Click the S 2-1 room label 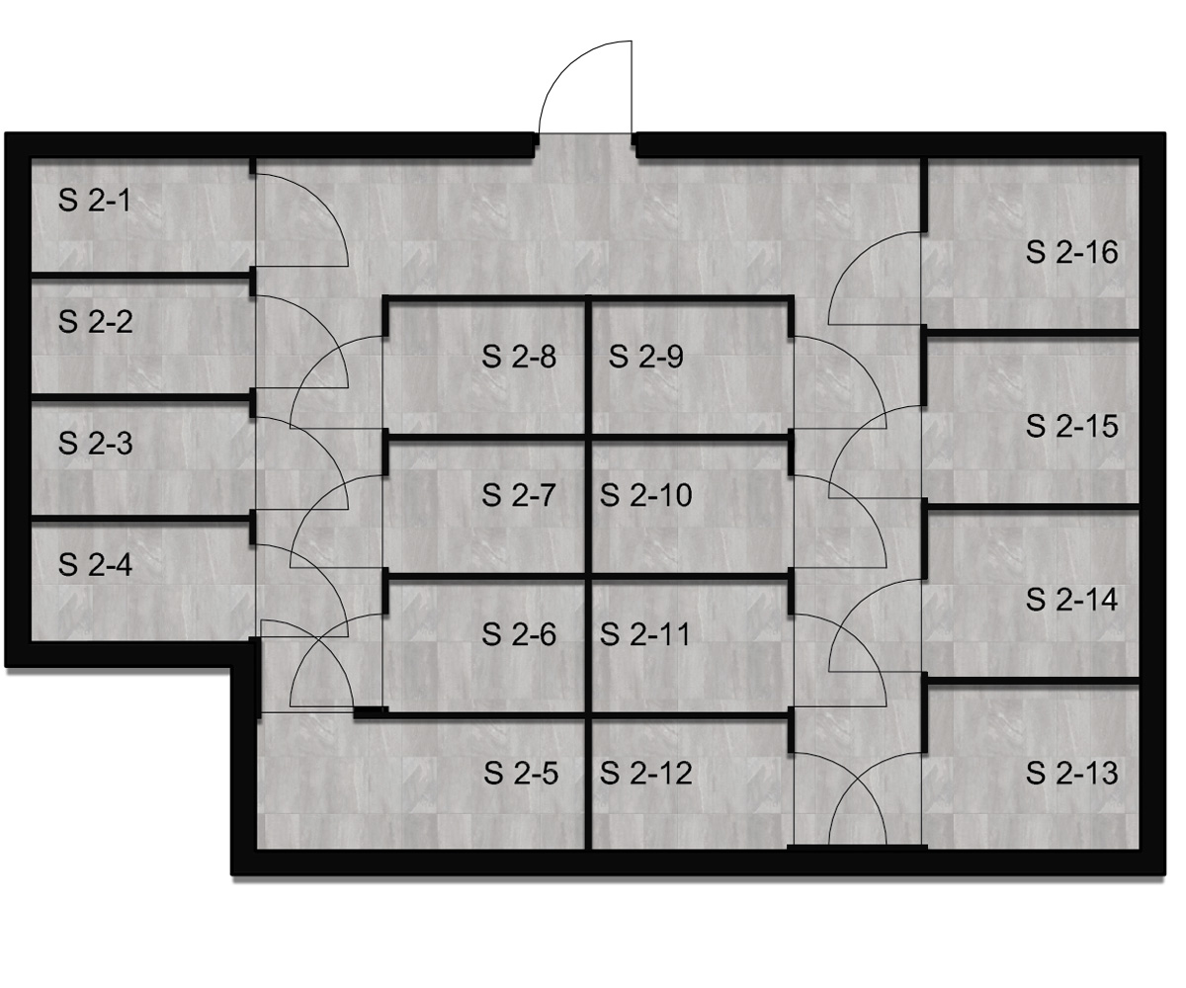click(94, 201)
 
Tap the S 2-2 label click(96, 322)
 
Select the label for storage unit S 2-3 click(96, 444)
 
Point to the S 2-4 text click(96, 565)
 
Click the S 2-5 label click(521, 774)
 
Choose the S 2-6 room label click(519, 634)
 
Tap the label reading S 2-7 click(518, 495)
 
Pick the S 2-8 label click(519, 357)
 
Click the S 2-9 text click(645, 357)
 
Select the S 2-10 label click(645, 495)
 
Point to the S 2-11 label click(644, 634)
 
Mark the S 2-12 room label click(645, 774)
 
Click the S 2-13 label click(1071, 774)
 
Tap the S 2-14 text click(1071, 600)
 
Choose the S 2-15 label click(1071, 426)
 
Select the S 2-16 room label click(1071, 252)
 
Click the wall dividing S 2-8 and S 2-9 click(589, 367)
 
